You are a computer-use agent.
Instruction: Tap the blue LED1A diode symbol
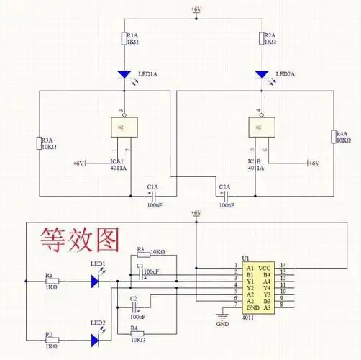124,73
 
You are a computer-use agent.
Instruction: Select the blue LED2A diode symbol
262,73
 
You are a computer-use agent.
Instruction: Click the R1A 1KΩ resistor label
133,39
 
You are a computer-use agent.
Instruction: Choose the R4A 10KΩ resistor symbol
332,137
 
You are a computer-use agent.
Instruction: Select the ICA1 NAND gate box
123,128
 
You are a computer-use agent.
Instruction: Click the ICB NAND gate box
260,128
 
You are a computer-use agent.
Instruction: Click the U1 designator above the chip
245,258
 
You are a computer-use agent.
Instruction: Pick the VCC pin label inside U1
265,266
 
